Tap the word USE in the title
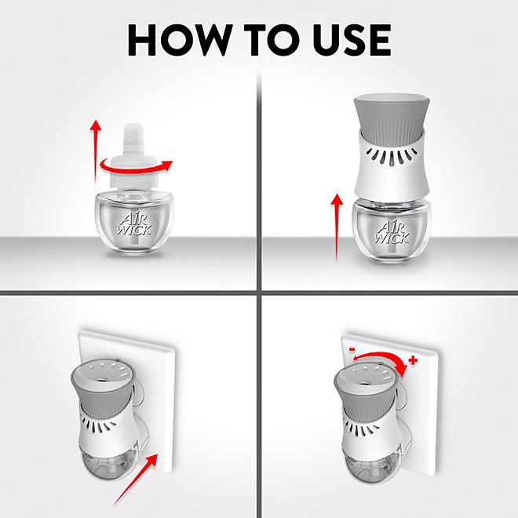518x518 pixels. [352, 40]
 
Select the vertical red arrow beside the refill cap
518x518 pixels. [96, 151]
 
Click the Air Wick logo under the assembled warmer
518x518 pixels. [392, 233]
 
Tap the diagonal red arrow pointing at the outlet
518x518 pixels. [136, 480]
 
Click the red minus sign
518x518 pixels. [352, 349]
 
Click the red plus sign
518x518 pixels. [413, 359]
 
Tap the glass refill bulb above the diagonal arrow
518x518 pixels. [107, 461]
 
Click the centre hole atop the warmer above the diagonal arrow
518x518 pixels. [100, 379]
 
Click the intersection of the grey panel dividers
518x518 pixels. [259, 293]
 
